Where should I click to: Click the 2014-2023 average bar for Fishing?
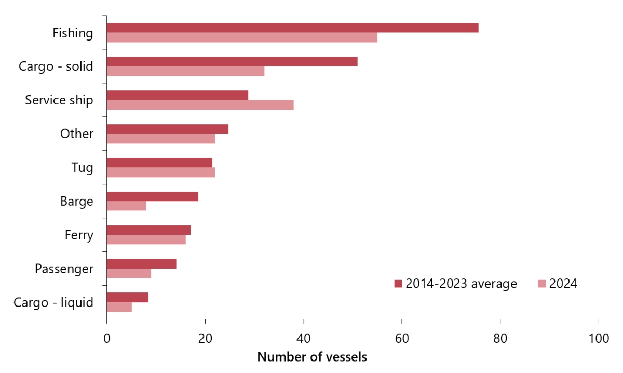292,28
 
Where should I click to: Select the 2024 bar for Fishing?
242,37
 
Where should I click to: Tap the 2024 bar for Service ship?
200,105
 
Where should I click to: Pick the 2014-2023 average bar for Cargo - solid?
232,61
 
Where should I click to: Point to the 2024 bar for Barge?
126,206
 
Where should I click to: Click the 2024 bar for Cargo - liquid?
119,307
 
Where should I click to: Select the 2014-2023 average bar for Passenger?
141,263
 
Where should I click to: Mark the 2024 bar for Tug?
160,172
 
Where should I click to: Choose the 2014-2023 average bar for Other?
167,129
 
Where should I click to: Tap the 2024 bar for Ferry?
146,239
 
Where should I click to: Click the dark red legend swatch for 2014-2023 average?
398,284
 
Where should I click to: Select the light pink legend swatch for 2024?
541,284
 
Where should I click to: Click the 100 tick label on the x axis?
599,338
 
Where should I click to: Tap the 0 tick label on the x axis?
107,338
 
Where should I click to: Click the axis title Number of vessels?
312,357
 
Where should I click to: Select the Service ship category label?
59,100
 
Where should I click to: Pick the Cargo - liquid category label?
53,302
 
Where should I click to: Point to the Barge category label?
77,201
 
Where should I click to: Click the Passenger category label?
64,269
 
